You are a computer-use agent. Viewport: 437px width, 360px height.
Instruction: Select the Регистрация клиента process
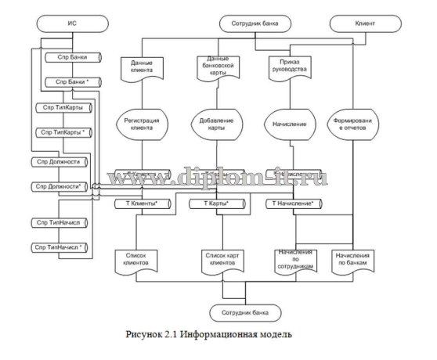(x=142, y=125)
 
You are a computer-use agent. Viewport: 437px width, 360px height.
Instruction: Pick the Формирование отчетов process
(x=357, y=125)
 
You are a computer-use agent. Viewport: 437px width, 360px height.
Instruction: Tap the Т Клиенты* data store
(x=142, y=203)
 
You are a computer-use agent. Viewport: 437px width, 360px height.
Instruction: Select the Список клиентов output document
(x=136, y=260)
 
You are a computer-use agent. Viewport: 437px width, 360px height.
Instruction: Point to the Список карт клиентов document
(x=218, y=260)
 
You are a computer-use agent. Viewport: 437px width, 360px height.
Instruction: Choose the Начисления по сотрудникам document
(x=293, y=260)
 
